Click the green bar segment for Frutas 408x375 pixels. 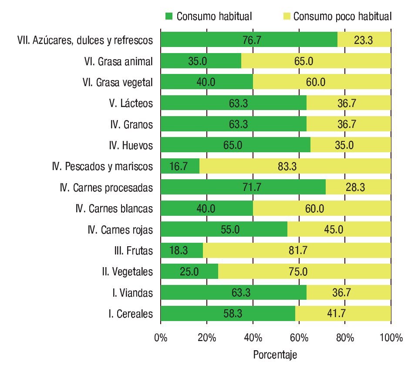click(x=182, y=251)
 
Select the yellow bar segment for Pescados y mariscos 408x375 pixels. click(x=295, y=166)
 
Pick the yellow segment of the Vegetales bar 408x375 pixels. click(x=304, y=272)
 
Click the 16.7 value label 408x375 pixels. click(x=180, y=166)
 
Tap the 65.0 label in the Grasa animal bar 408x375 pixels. click(x=315, y=61)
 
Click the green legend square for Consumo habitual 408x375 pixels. click(x=169, y=17)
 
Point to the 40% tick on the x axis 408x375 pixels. click(x=253, y=338)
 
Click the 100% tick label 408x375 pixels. click(x=390, y=338)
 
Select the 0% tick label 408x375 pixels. click(x=161, y=338)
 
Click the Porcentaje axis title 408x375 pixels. click(x=275, y=355)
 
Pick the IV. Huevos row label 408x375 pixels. click(x=131, y=145)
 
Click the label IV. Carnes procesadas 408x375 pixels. click(x=107, y=187)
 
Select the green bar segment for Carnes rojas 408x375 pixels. click(x=224, y=230)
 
